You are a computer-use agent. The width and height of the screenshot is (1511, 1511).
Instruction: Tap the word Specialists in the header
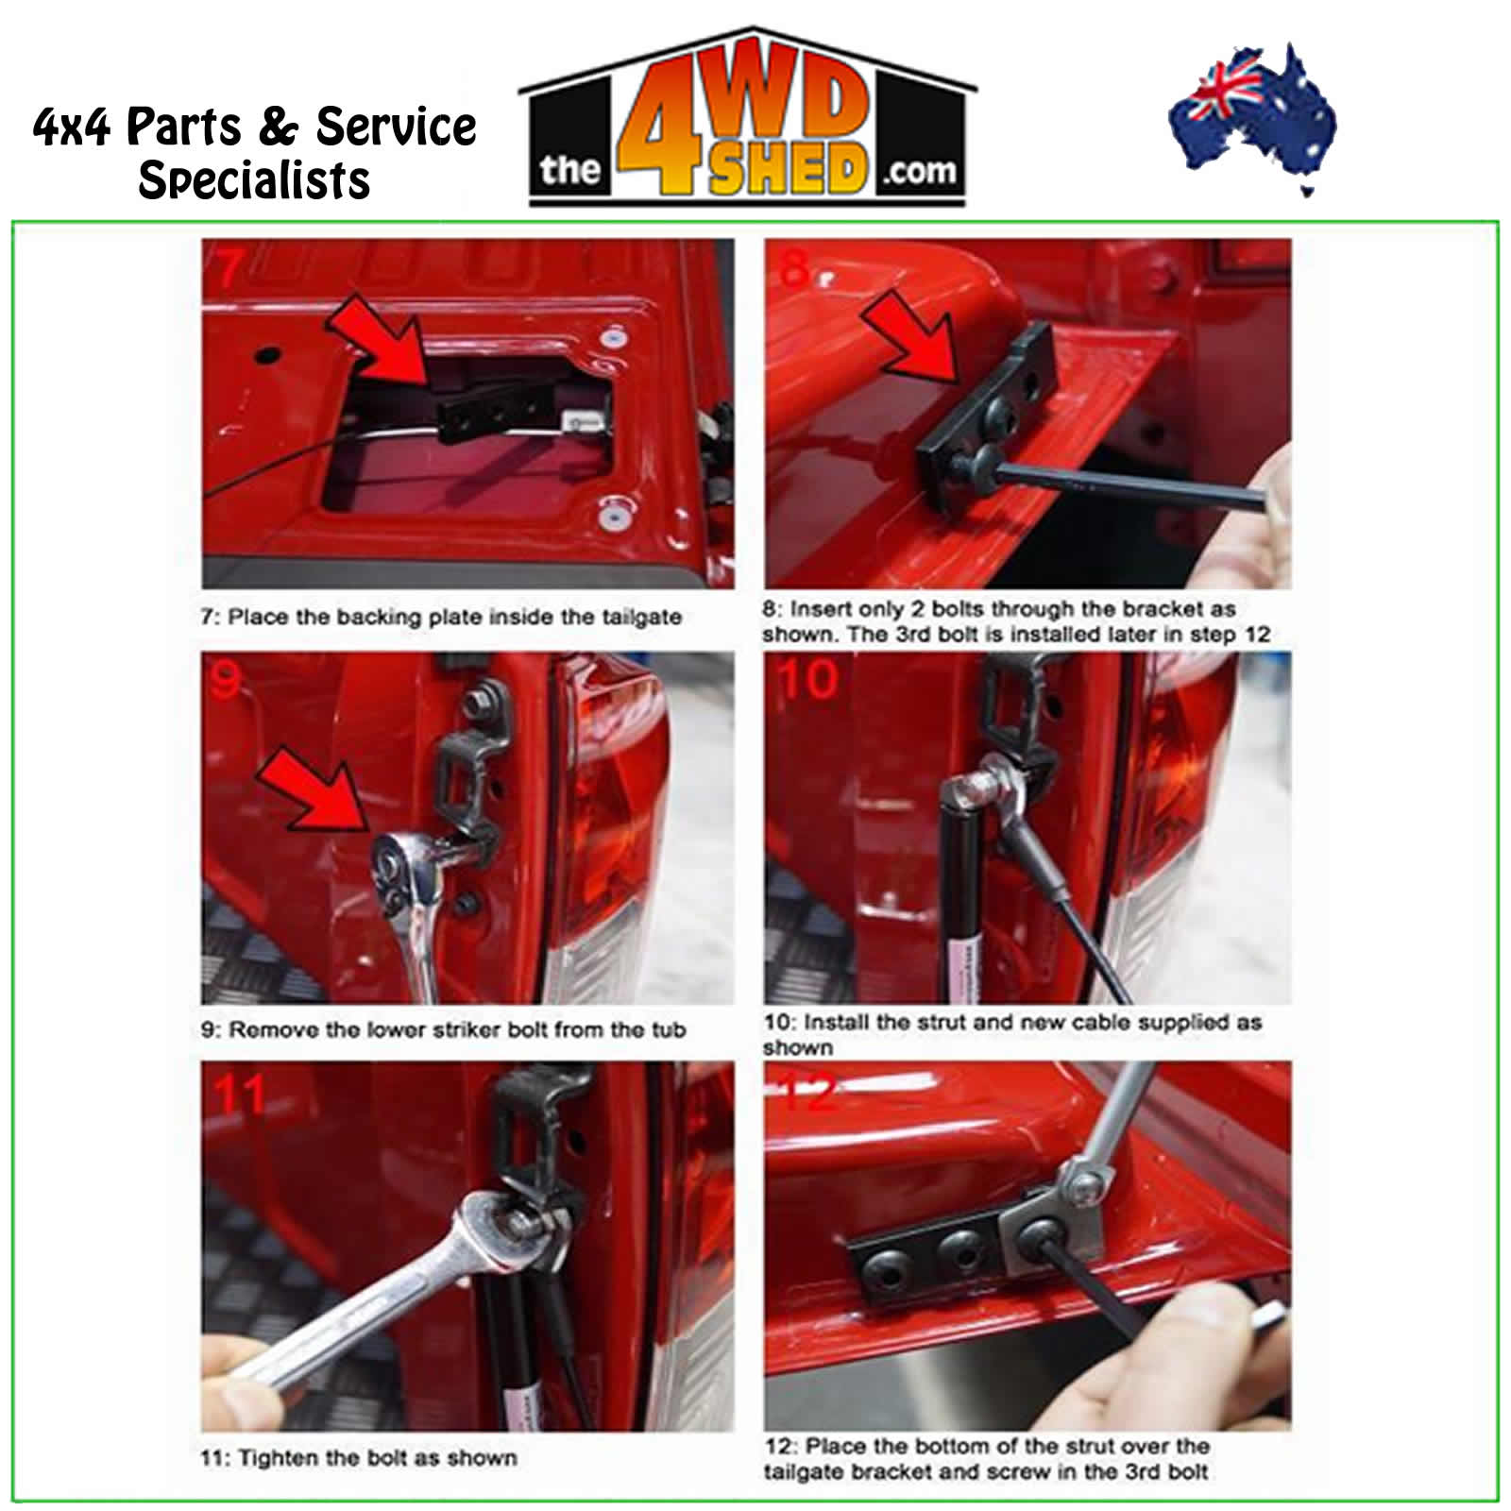[254, 179]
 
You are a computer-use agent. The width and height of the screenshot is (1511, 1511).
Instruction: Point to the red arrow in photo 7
[379, 341]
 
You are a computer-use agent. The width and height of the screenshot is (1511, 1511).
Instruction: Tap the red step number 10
[807, 679]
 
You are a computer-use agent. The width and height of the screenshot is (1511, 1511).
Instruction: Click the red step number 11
[240, 1095]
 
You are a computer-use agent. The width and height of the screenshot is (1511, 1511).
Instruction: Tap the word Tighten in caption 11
[277, 1458]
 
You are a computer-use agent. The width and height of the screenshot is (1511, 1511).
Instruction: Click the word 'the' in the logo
[570, 171]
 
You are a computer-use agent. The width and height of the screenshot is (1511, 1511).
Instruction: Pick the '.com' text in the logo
[919, 171]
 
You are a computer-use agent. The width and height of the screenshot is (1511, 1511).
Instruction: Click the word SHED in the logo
[789, 171]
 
